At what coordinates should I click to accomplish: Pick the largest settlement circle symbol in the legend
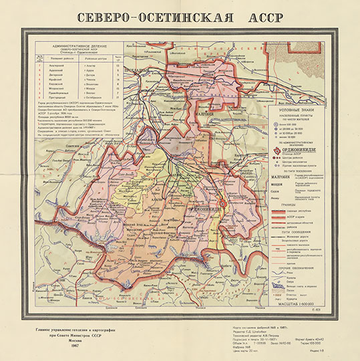[275, 126]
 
